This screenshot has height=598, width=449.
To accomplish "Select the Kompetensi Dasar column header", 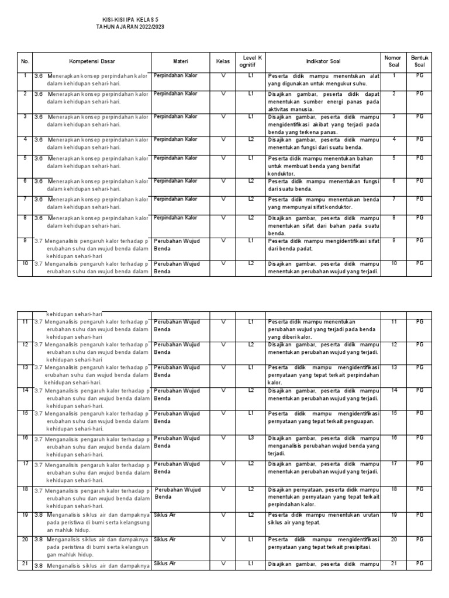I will pos(92,61).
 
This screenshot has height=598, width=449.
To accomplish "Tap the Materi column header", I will pos(181,61).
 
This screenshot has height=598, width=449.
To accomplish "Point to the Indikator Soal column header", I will pos(322,61).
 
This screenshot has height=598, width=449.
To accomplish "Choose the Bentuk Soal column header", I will pos(420,61).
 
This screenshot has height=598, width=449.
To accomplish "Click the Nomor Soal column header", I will pos(393,61).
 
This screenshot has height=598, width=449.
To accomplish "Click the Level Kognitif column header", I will pos(250,61).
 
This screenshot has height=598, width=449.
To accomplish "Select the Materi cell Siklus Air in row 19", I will pos(165,514).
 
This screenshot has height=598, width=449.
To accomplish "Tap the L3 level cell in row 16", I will pos(250,437).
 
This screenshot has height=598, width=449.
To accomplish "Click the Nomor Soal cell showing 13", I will pos(393,367).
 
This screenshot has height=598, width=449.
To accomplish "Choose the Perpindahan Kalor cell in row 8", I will pos(175,218).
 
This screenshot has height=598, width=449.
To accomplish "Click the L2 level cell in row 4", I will pos(250,140).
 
